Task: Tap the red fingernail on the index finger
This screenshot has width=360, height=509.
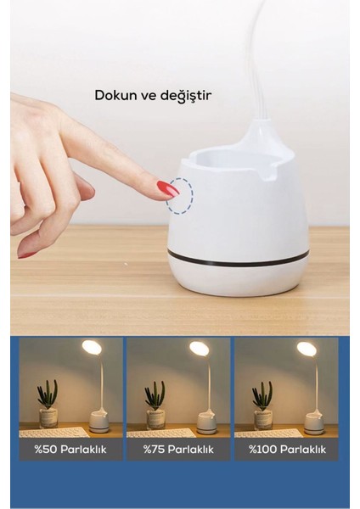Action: [167, 188]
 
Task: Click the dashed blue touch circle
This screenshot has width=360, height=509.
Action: [180, 196]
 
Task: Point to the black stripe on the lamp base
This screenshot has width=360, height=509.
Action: [238, 256]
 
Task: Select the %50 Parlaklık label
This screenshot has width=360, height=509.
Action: [71, 449]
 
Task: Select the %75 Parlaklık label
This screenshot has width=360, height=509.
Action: [178, 449]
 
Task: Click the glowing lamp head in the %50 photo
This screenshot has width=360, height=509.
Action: [91, 347]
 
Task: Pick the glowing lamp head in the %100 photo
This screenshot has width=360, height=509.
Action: [307, 348]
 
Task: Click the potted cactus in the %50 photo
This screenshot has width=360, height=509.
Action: [48, 404]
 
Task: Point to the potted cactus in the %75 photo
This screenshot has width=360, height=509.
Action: [155, 404]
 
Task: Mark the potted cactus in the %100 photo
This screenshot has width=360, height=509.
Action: [262, 404]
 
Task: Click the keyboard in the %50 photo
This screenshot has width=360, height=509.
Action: [52, 432]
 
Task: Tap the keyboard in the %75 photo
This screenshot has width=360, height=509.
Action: [159, 432]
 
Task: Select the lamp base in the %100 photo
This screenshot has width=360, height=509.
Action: [314, 422]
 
